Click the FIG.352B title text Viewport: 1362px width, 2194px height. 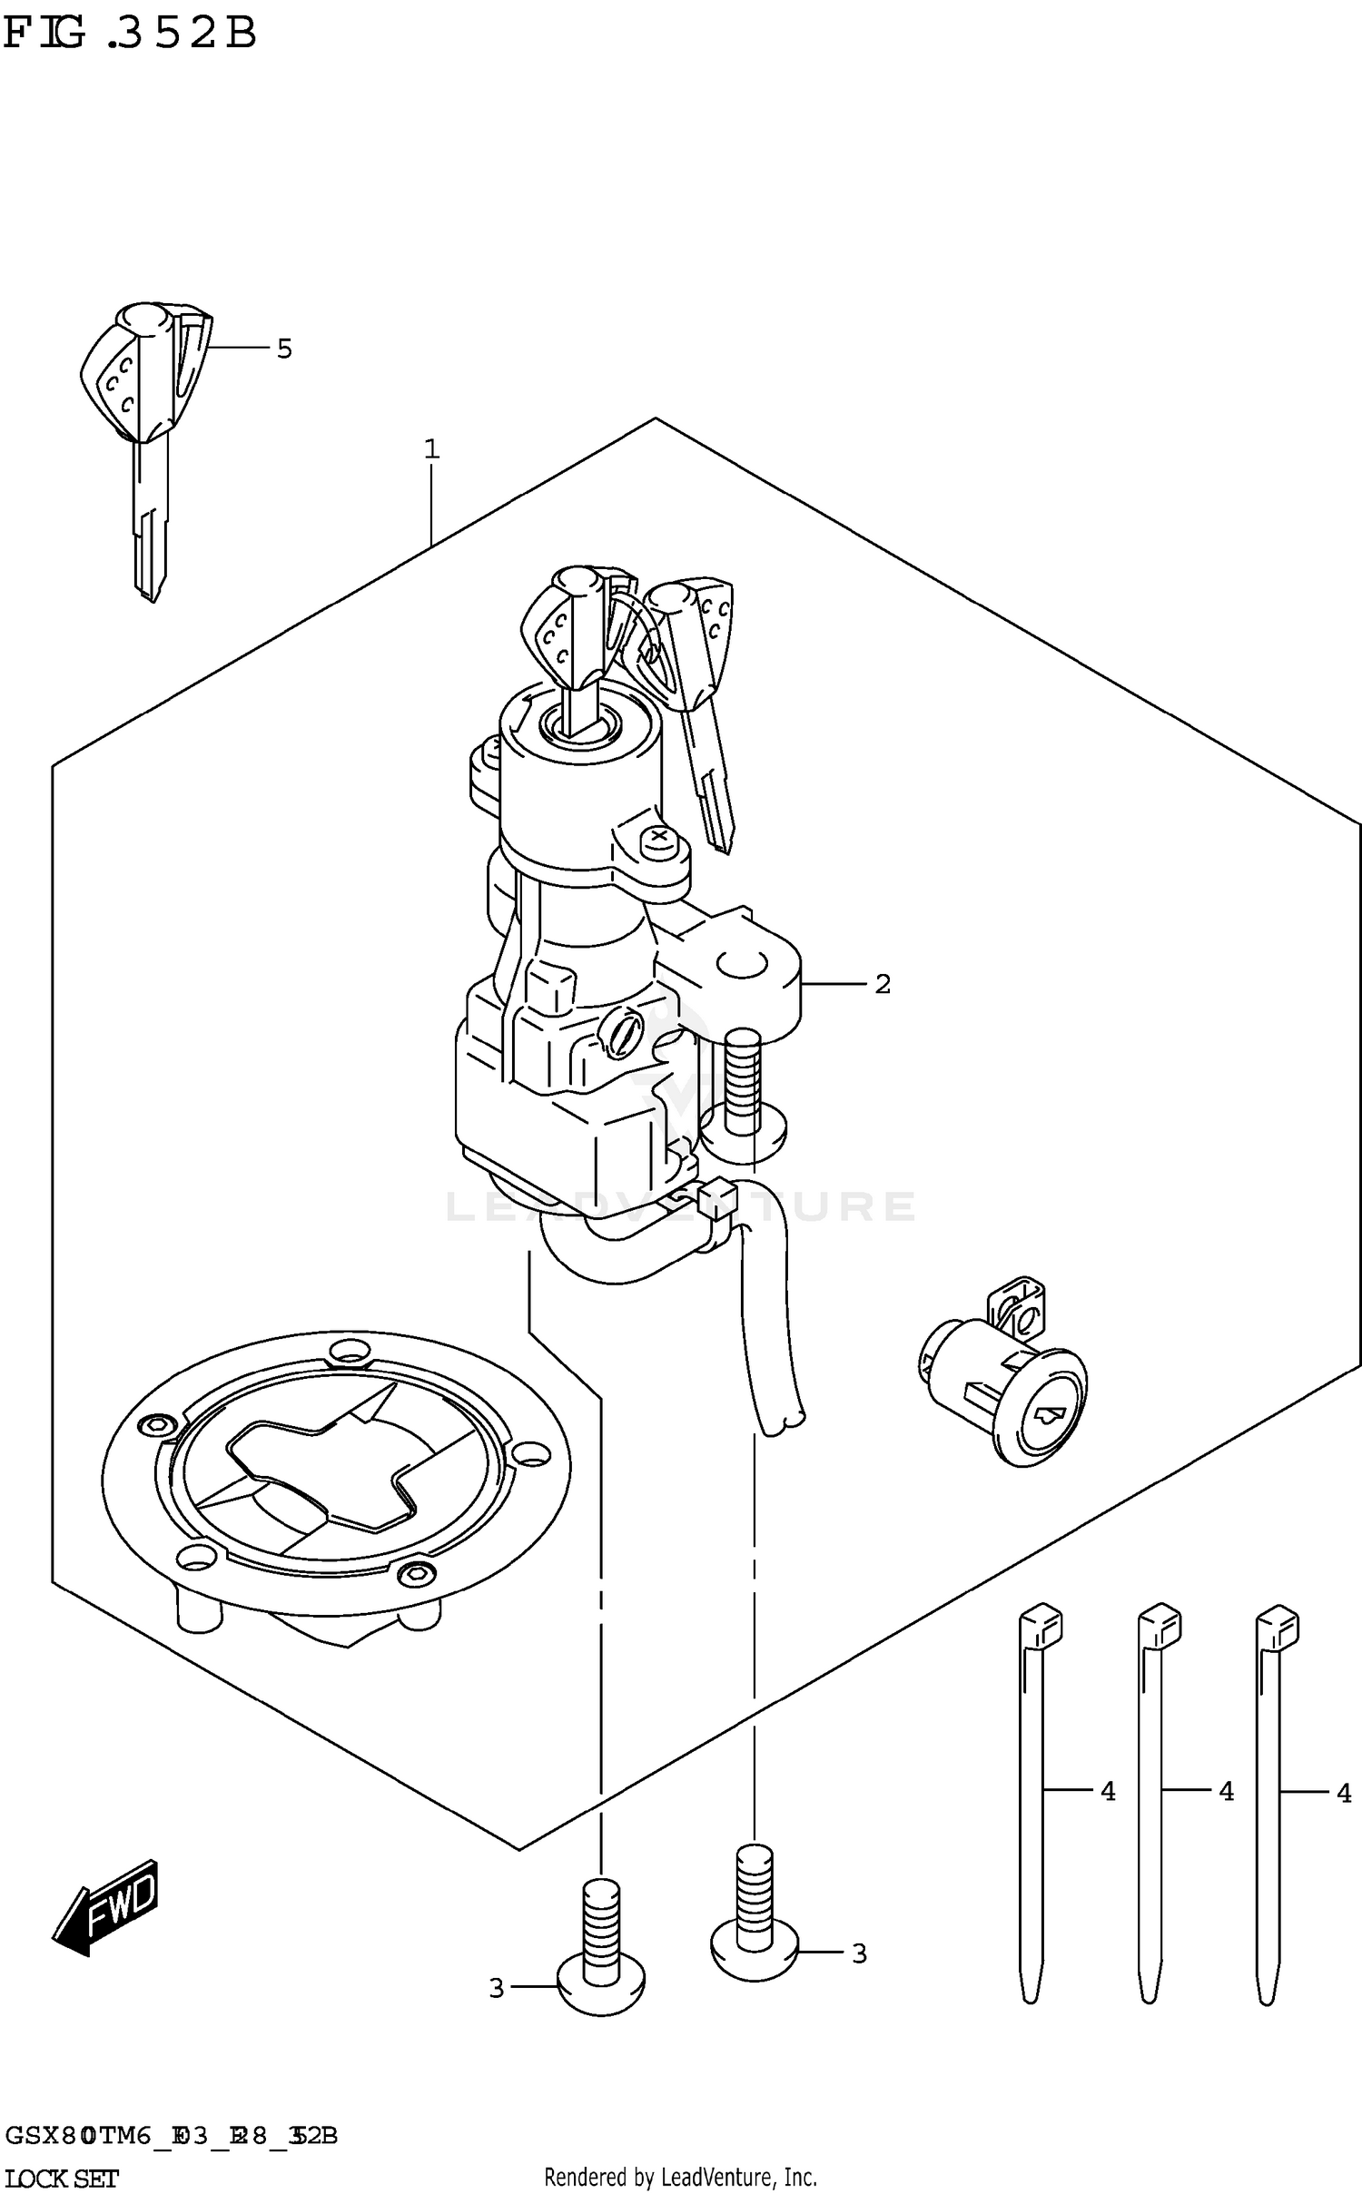[x=130, y=34]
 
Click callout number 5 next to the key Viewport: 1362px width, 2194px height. [x=284, y=349]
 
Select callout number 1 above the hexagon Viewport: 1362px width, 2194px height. [x=431, y=449]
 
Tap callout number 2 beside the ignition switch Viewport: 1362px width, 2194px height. [x=883, y=984]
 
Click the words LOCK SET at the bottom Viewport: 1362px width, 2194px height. [x=62, y=2179]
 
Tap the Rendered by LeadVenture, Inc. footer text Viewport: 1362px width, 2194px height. [x=680, y=2177]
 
